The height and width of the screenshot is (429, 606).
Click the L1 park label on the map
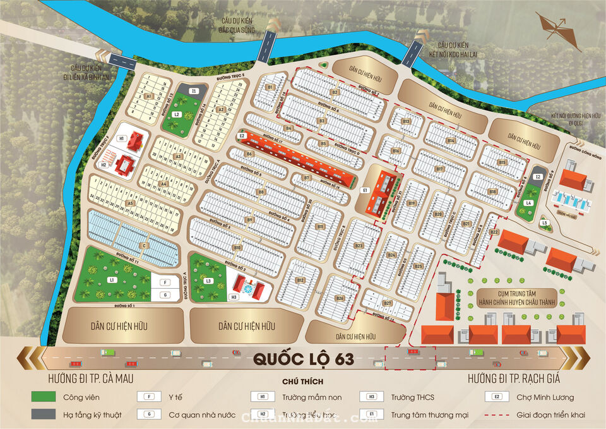coord(111,279)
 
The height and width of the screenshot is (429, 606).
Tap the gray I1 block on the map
coord(194,91)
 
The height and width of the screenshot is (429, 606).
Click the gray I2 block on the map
coord(537,178)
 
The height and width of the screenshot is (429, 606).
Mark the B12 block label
coord(300,280)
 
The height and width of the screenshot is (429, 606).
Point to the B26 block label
coord(339,298)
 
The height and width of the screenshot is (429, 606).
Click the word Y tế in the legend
coord(175,397)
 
